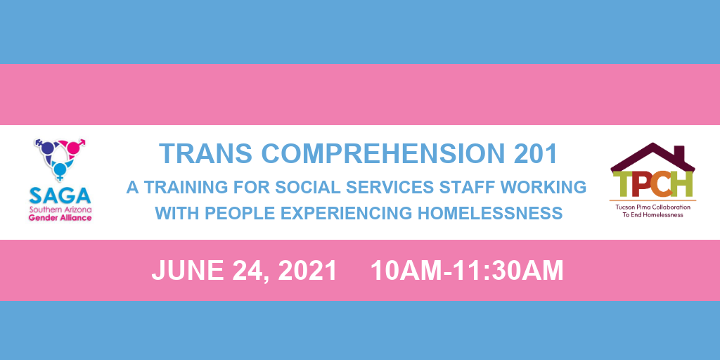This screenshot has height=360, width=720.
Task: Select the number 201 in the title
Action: click(x=535, y=154)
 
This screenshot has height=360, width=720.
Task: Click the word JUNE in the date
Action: click(x=188, y=271)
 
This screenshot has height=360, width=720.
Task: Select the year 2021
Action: click(x=308, y=271)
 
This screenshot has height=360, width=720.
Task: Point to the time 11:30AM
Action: click(x=508, y=271)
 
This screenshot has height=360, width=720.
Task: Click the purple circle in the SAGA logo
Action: click(x=48, y=148)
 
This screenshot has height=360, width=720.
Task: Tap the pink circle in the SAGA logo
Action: click(x=73, y=148)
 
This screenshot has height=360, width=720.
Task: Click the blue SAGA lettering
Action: click(x=60, y=196)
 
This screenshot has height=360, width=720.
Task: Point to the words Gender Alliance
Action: click(x=60, y=218)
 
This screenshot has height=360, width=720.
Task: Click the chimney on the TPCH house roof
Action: click(x=681, y=153)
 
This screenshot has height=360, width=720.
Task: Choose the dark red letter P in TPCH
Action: click(x=641, y=183)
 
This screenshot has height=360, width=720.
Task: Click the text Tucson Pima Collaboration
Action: click(x=652, y=207)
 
